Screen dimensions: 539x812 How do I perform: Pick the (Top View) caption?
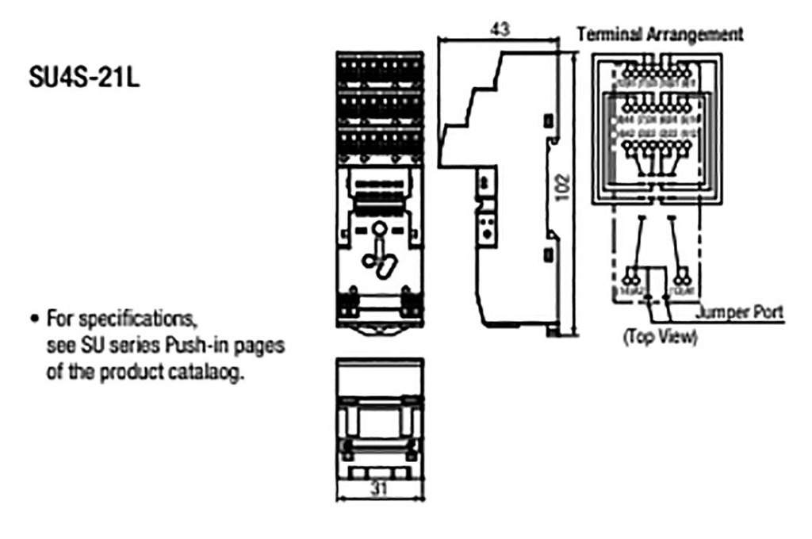click(x=659, y=337)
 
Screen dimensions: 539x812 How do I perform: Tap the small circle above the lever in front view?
click(x=380, y=231)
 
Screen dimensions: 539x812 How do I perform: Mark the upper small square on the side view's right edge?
click(x=548, y=120)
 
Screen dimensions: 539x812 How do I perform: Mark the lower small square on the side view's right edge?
click(x=548, y=254)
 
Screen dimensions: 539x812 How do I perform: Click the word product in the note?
click(x=136, y=371)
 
